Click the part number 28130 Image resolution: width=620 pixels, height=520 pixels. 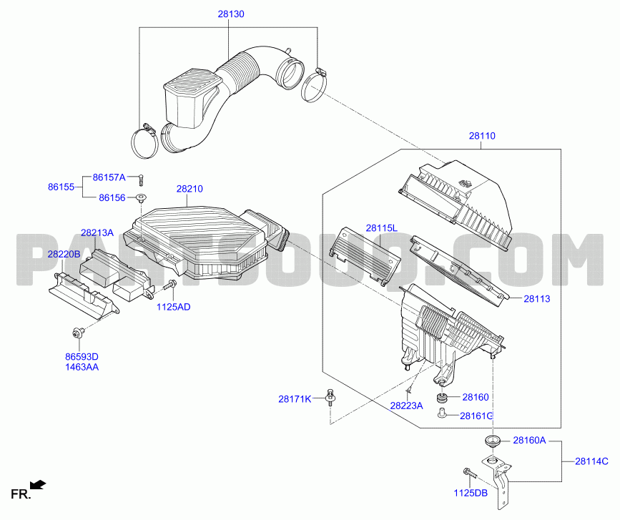click(231, 14)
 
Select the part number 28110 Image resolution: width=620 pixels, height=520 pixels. click(482, 136)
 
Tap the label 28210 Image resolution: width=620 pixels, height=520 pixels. click(190, 189)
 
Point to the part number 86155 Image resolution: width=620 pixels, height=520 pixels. click(61, 187)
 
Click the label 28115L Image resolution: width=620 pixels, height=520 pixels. click(382, 227)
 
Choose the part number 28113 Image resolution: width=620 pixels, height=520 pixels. click(537, 298)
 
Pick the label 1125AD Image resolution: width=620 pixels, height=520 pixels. click(174, 307)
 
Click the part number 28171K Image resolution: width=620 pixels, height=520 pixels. click(295, 399)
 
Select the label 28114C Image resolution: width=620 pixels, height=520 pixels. click(591, 461)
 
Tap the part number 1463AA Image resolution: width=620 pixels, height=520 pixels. click(82, 367)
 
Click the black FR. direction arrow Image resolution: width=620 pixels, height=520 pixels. click(38, 484)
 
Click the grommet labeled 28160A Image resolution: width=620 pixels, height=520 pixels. click(492, 440)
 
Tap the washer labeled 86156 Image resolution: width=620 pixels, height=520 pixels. click(141, 197)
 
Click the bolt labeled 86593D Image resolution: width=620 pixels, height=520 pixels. click(77, 333)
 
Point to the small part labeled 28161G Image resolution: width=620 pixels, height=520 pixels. click(442, 413)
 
